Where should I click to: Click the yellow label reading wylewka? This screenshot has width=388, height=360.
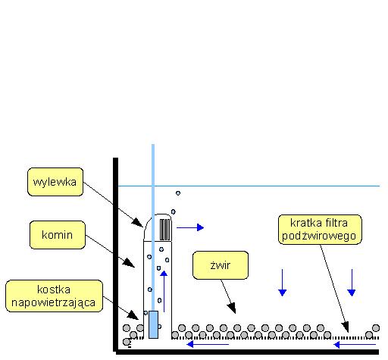coord(55,182)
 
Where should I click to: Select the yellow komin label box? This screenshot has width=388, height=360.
coord(58,235)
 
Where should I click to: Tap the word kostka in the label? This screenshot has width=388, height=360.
coord(54,290)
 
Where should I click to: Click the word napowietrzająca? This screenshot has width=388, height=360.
coord(53,302)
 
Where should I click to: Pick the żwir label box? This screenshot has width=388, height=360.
coord(221,265)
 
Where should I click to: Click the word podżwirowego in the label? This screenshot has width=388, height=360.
coord(319,236)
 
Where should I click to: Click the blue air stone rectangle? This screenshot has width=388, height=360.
coord(153,324)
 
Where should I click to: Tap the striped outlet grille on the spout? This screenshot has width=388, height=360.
coord(165,230)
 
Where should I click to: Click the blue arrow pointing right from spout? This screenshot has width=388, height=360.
coord(190,227)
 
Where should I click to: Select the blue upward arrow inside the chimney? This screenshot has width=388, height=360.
coord(164,291)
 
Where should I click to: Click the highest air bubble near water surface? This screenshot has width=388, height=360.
coord(178,193)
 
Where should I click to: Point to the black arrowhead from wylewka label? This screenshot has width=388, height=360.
coord(138,223)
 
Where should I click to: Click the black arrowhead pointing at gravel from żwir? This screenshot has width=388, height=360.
coord(232,308)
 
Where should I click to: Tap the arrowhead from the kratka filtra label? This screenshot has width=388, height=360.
coord(346,327)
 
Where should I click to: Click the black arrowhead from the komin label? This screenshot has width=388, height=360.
coord(129,263)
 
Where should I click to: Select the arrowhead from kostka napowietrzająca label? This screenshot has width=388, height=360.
coord(133,315)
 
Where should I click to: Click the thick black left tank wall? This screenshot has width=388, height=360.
coord(115,255)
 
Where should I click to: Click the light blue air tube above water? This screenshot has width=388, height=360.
coord(153,164)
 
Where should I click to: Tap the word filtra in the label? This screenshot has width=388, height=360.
coord(336,223)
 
